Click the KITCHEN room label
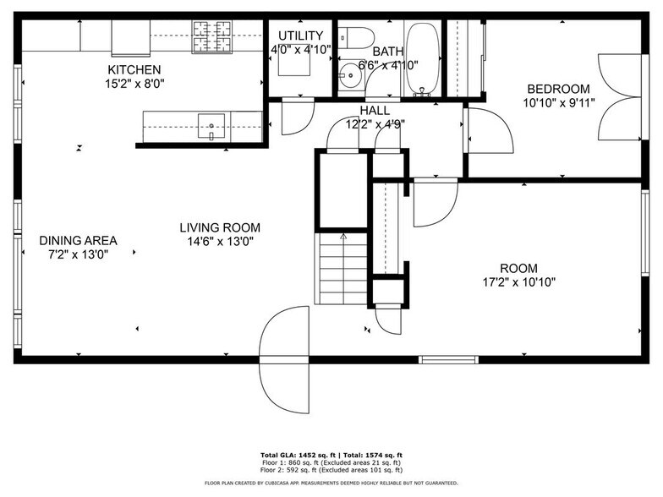point(134,69)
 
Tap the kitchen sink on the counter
point(211,126)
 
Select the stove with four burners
point(211,36)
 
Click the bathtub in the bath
point(422,57)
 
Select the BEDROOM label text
point(558,89)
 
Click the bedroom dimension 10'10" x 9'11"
point(558,103)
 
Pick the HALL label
point(375,110)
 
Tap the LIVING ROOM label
point(219,227)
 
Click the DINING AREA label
point(78,240)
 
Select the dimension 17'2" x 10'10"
point(518,282)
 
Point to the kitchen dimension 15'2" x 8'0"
point(134,84)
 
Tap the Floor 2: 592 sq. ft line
point(331,470)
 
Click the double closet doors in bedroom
point(619,97)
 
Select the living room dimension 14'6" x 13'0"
point(219,241)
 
